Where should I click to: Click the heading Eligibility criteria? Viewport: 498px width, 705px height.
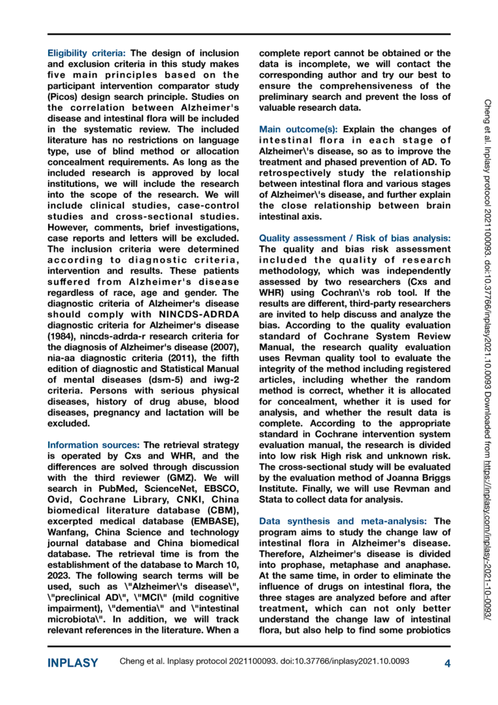click(88, 53)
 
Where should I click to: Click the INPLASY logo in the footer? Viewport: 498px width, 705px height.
click(73, 663)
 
